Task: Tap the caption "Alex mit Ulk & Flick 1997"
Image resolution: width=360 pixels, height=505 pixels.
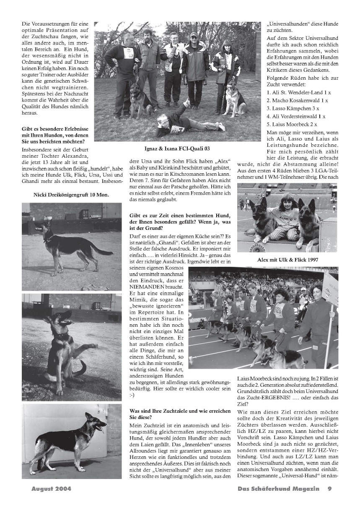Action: pos(287,260)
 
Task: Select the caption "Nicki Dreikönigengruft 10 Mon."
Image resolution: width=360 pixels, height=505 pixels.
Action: pos(71,194)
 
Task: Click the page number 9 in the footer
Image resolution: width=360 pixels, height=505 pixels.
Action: pos(330,489)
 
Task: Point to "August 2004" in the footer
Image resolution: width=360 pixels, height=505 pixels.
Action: pos(51,489)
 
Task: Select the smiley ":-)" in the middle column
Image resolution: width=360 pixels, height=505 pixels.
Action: pos(132,395)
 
